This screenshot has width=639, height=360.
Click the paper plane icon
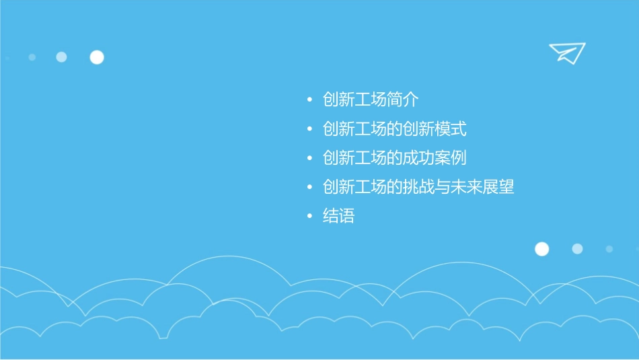566,52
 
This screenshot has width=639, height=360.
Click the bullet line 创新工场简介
371,100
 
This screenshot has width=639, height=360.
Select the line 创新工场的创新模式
394,129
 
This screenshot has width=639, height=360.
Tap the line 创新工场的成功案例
394,158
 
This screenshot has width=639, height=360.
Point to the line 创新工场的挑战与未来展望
418,187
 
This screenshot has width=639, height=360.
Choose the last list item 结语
338,217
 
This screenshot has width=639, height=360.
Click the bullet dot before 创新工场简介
309,101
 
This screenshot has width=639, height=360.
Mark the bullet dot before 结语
309,217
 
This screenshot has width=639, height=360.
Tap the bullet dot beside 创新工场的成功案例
309,159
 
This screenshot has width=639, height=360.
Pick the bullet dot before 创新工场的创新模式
309,130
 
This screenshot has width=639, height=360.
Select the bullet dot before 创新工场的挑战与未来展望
309,188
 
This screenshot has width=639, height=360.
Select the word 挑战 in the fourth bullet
418,187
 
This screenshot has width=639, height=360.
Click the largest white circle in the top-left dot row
97,57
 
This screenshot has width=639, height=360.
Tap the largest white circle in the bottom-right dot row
541,249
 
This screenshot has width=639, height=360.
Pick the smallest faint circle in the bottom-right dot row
609,249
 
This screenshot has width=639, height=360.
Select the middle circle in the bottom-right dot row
577,249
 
